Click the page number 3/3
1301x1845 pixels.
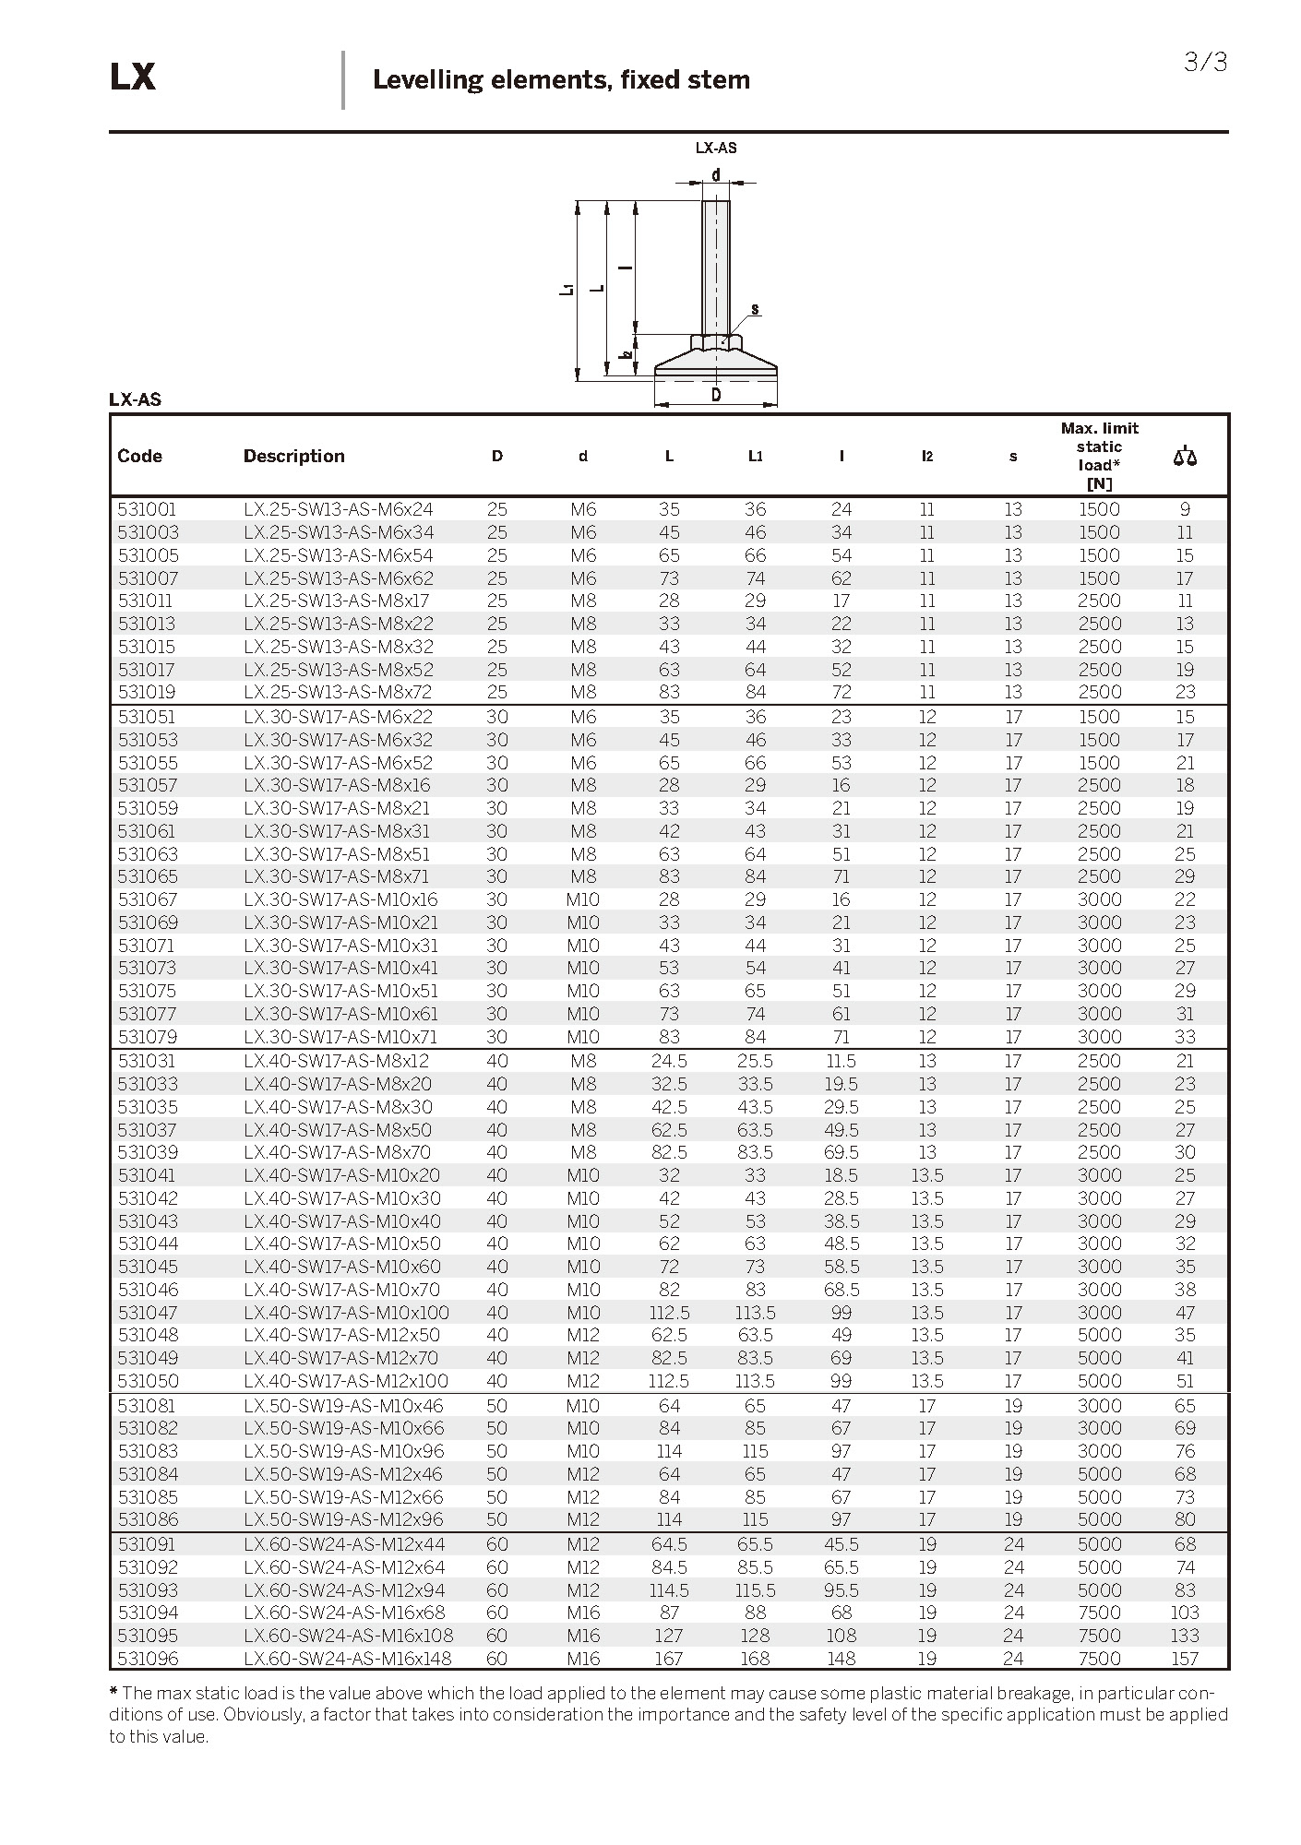click(x=1205, y=63)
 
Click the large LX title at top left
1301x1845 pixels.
click(x=132, y=77)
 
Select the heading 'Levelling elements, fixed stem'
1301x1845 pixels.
click(x=561, y=80)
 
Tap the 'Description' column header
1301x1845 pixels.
click(x=293, y=456)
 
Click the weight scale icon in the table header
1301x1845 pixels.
click(x=1185, y=456)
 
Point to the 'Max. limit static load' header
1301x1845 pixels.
click(x=1099, y=455)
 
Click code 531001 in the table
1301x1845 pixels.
click(x=147, y=509)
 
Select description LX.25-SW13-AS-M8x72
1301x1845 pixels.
click(x=338, y=692)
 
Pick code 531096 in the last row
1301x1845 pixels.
click(x=148, y=1659)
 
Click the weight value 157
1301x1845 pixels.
click(x=1185, y=1659)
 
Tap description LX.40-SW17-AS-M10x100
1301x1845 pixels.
click(x=346, y=1313)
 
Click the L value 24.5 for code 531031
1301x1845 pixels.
click(x=669, y=1061)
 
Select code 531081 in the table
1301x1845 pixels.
click(x=147, y=1406)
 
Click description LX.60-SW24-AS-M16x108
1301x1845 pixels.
click(x=348, y=1636)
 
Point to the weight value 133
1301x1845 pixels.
click(x=1185, y=1636)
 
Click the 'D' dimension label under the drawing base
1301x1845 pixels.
click(x=716, y=396)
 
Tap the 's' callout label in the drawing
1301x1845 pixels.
click(x=755, y=309)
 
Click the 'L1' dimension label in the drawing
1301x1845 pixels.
click(x=567, y=290)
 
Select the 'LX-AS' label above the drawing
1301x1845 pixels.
click(x=716, y=148)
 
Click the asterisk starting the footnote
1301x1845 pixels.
click(x=113, y=1692)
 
